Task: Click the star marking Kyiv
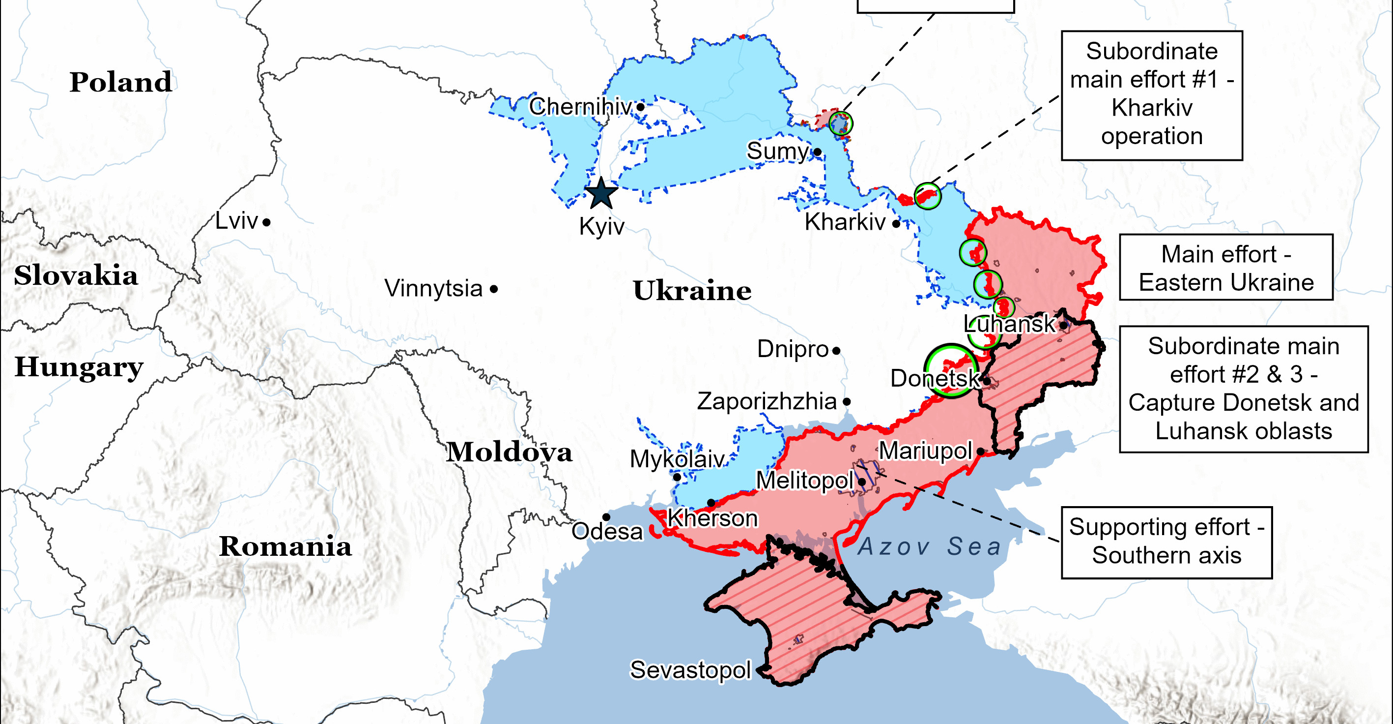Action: coord(601,194)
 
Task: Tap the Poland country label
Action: coord(120,82)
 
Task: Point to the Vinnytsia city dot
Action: coord(494,289)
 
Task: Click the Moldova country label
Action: coord(509,452)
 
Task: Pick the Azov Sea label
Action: coord(929,546)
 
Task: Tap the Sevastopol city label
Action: coord(690,670)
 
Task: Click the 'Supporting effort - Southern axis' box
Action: coord(1166,542)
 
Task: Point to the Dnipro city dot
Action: coord(836,351)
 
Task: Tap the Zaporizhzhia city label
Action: coord(766,401)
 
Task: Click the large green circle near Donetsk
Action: coord(950,371)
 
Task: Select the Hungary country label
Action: coord(79,367)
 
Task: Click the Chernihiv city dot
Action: coord(640,107)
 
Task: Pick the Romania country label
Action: coord(285,546)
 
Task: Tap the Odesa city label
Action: coord(607,531)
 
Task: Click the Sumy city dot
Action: coord(818,152)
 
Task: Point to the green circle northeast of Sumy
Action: coord(840,123)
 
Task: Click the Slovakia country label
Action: coord(76,275)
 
